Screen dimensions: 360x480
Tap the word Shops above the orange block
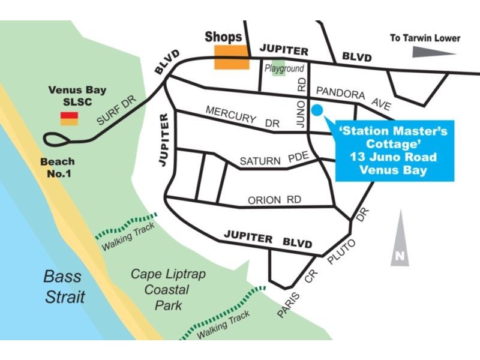[223, 37]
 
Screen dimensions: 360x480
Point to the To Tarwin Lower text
[425, 38]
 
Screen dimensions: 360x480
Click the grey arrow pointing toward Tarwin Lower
[434, 53]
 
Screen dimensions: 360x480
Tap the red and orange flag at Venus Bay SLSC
[68, 118]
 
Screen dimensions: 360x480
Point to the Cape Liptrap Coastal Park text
[168, 289]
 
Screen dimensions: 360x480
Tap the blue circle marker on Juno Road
[317, 110]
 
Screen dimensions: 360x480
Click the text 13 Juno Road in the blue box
[394, 157]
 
